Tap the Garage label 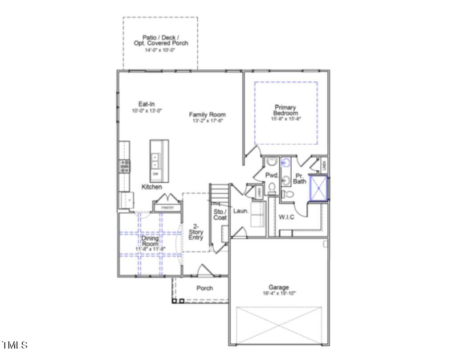coord(278,287)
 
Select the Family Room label coord(207,115)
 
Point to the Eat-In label coord(147,104)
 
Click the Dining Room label coord(150,241)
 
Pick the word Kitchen coord(151,187)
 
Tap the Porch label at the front coord(204,288)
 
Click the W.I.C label coord(286,217)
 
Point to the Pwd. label coord(272,176)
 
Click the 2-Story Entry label coord(196,232)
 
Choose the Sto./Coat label coord(220,214)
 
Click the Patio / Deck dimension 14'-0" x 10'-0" coord(160,50)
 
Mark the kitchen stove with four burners coord(124,166)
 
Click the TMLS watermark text coord(15,345)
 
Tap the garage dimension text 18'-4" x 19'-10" coord(279,293)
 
